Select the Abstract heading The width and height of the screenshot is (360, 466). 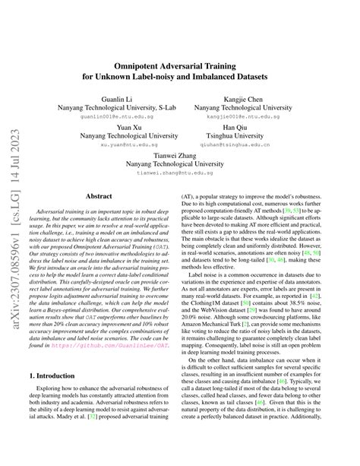point(99,195)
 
